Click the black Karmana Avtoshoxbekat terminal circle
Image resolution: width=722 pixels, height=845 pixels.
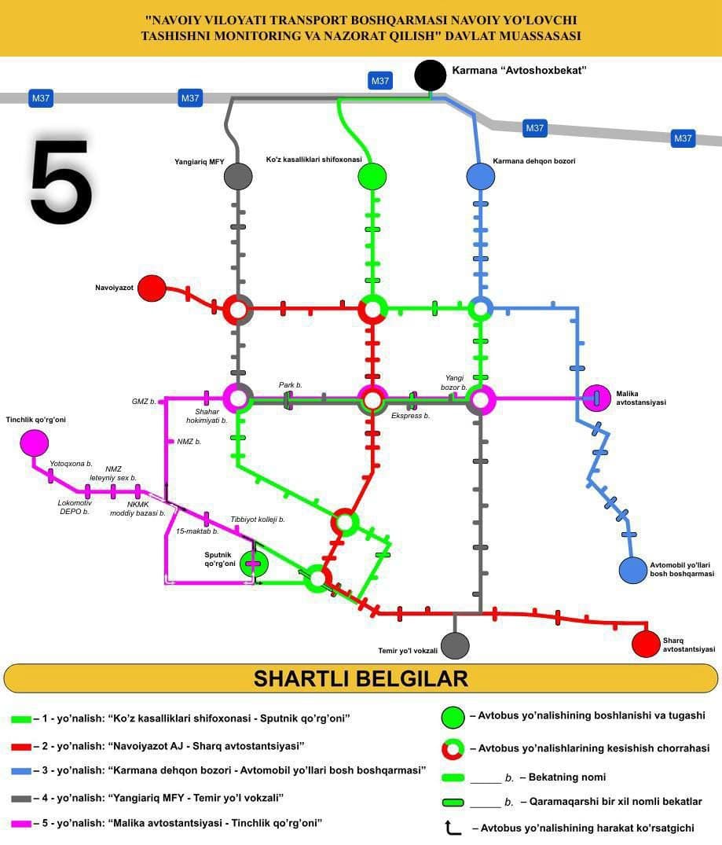[x=430, y=75]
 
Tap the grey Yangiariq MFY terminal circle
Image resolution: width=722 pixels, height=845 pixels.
[x=238, y=175]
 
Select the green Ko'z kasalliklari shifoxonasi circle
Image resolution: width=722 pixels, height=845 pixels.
[x=372, y=176]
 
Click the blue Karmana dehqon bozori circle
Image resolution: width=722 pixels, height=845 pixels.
[x=480, y=176]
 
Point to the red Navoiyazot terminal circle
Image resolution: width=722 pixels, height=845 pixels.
[x=152, y=288]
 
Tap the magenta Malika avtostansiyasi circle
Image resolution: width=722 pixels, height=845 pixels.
[x=597, y=398]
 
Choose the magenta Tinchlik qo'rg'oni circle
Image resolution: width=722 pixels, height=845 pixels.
[x=34, y=443]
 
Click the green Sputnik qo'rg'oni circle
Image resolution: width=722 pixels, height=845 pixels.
[x=253, y=563]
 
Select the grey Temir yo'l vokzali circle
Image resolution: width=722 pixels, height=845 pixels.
[x=455, y=645]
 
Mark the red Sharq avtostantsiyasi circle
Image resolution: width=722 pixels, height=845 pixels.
[x=646, y=644]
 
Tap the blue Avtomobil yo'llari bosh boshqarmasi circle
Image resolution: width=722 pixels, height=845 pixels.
[x=632, y=570]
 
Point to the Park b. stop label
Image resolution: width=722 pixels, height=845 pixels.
[x=290, y=385]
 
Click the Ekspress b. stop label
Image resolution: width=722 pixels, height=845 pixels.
[x=410, y=415]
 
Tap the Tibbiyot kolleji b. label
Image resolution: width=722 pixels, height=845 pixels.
[x=257, y=520]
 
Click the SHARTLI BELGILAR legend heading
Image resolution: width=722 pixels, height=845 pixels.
[x=361, y=678]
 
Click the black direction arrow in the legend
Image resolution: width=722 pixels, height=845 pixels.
[x=453, y=827]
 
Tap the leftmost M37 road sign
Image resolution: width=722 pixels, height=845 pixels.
[x=41, y=98]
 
